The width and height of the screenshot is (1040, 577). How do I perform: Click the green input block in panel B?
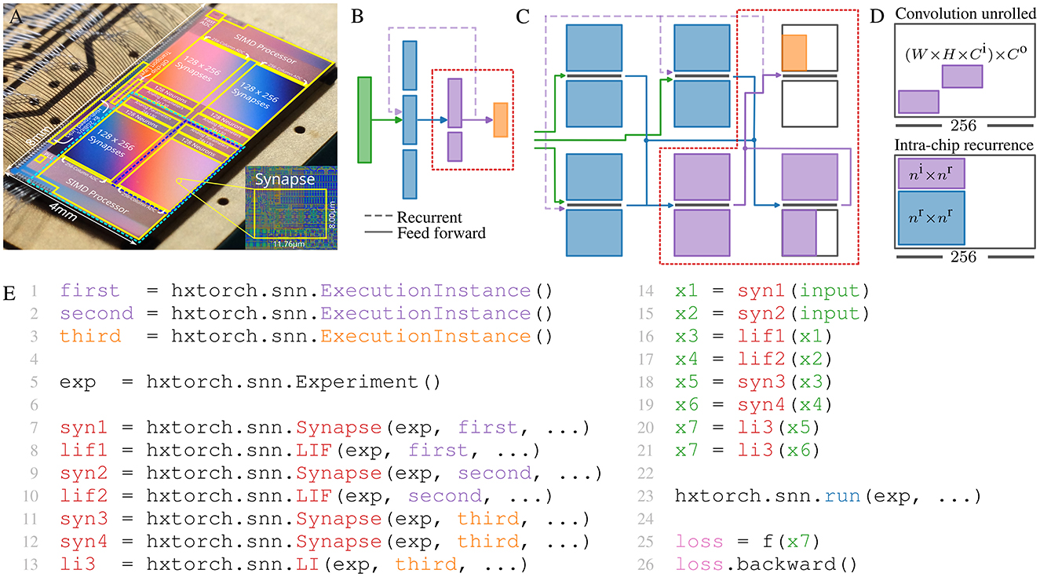pos(364,119)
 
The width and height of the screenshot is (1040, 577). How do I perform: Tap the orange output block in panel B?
pos(500,120)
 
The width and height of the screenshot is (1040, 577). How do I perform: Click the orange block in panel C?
pos(794,53)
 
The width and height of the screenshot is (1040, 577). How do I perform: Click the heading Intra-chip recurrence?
pos(968,145)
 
